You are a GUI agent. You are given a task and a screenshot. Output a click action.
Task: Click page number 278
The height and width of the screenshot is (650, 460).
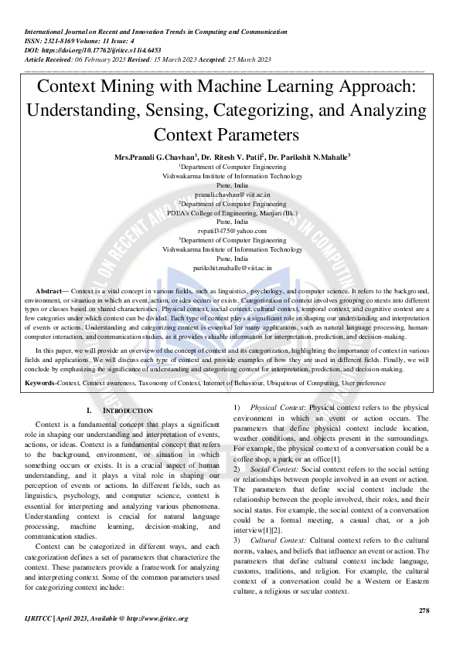click(x=424, y=611)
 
